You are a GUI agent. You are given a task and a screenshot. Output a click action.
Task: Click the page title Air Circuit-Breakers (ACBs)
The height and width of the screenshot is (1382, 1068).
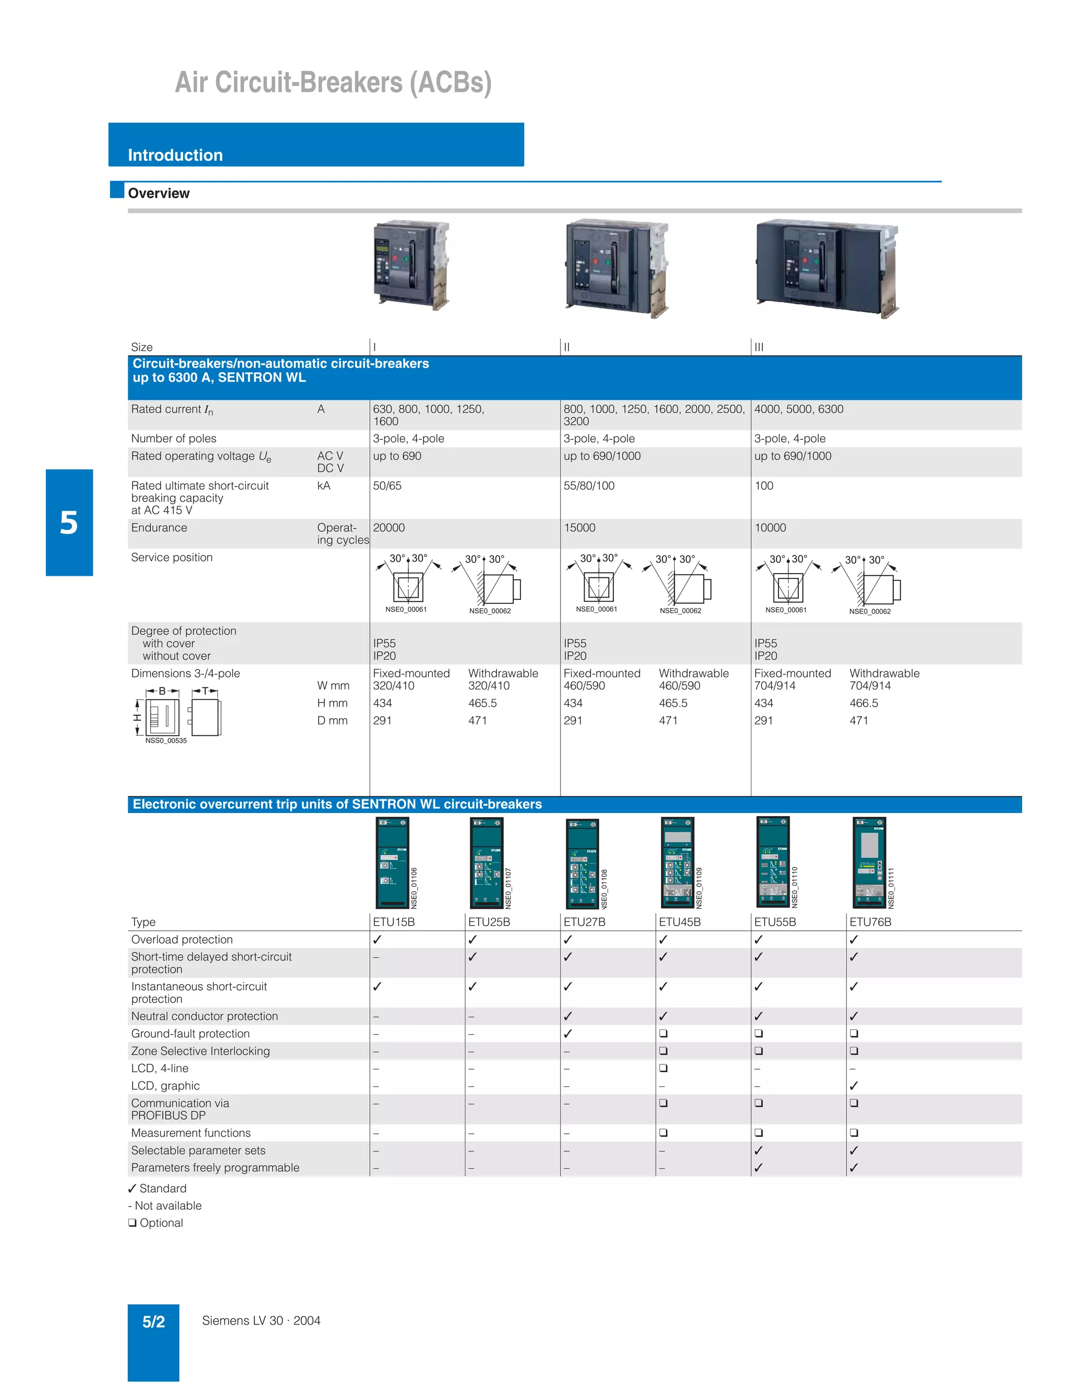tap(333, 82)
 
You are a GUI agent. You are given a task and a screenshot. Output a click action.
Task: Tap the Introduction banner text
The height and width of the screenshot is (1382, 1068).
tap(175, 155)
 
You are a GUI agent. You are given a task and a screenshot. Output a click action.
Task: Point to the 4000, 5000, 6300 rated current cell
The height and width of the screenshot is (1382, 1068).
tap(798, 409)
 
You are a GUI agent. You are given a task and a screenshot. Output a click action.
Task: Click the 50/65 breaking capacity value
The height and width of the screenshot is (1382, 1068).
tap(387, 486)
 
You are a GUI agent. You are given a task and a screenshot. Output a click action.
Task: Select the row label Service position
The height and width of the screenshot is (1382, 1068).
tap(172, 557)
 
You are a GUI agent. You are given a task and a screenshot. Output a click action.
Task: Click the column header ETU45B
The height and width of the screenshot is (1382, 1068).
tap(679, 922)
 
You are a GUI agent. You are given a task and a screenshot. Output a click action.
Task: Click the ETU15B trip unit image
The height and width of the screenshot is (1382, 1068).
tap(393, 863)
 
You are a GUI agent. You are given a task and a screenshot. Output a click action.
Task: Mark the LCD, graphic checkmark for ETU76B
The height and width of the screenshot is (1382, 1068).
tap(854, 1086)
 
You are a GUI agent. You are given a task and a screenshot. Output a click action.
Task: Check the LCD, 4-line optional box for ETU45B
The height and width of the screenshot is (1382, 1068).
tap(663, 1068)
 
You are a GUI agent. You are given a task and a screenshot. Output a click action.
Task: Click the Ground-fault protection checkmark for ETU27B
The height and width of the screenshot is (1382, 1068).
tap(568, 1033)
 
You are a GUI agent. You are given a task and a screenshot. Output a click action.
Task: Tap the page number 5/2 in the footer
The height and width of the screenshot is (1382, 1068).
tap(153, 1322)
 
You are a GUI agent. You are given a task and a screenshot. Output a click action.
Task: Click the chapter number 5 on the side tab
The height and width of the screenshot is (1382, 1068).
tap(69, 523)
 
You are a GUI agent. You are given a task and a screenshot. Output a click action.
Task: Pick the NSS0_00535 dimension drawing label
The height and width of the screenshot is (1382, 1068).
tap(166, 741)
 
